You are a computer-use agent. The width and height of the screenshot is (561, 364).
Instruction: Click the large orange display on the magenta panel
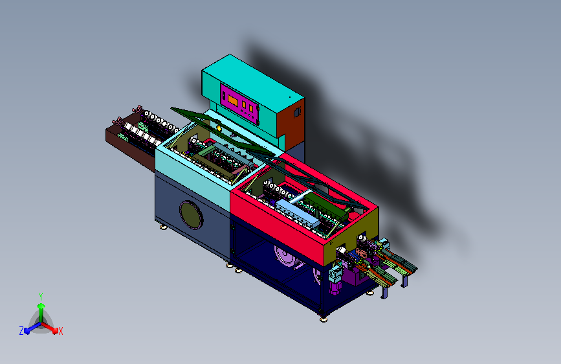[233, 100]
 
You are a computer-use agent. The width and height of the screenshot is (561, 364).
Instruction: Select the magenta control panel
[239, 104]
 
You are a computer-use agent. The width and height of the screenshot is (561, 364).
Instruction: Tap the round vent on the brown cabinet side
[297, 113]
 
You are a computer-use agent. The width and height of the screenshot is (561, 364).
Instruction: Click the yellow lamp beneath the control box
[219, 128]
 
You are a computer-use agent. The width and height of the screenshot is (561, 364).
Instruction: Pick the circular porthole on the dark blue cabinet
[191, 215]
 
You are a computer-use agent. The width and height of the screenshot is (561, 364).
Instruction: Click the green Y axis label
[41, 297]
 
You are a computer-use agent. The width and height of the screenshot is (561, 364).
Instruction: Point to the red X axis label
[60, 332]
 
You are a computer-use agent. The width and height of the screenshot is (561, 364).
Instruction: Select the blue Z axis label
[21, 331]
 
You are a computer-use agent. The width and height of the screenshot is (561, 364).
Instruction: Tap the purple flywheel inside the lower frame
[286, 256]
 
